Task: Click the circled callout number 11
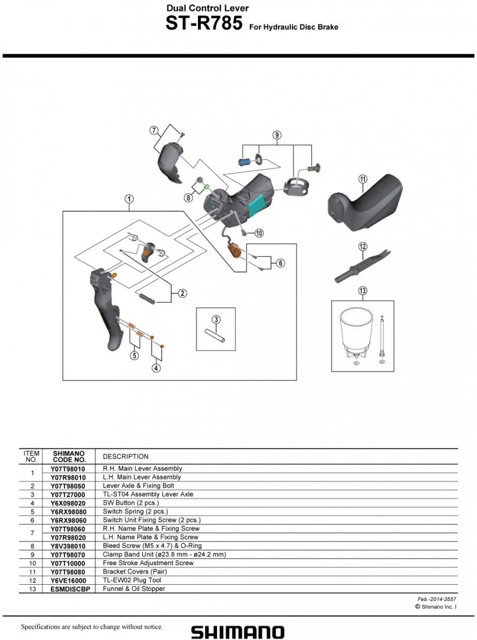[362, 179]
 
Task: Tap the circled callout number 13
[362, 290]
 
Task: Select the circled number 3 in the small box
[216, 319]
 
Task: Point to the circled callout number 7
[154, 131]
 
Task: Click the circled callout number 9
[277, 135]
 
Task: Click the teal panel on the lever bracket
[256, 205]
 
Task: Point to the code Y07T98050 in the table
[68, 486]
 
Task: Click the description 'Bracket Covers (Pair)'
[134, 572]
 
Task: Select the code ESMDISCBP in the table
[68, 589]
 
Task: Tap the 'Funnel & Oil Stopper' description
[134, 589]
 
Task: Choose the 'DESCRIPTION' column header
[126, 456]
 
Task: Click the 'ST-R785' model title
[204, 24]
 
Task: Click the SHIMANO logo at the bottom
[238, 631]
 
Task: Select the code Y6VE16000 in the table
[68, 580]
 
